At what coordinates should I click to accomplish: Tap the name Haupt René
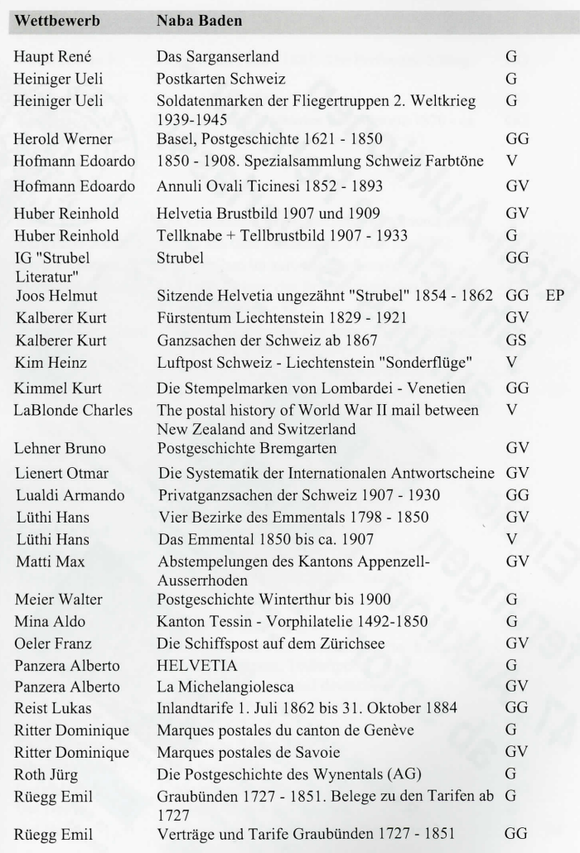tap(51, 58)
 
